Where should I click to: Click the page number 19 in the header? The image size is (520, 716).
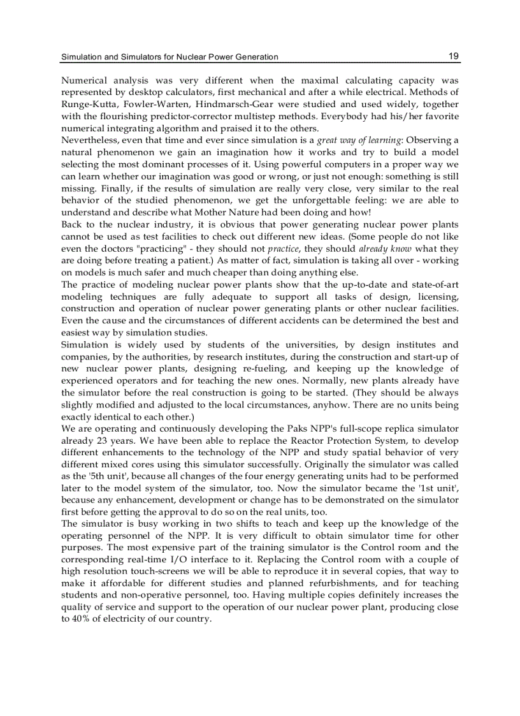coord(453,56)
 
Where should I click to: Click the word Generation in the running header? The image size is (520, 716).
coord(255,57)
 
